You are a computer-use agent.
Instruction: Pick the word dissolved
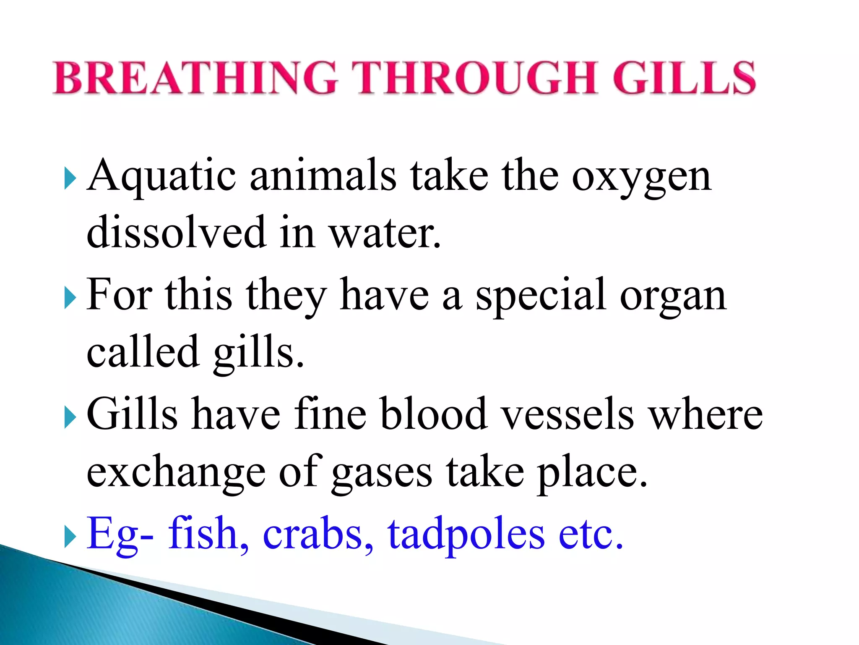pos(176,232)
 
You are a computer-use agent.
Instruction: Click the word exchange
pos(176,472)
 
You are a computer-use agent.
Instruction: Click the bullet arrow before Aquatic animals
pos(70,179)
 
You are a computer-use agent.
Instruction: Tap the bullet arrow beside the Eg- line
pos(70,537)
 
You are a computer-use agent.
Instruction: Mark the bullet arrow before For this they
pos(70,299)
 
